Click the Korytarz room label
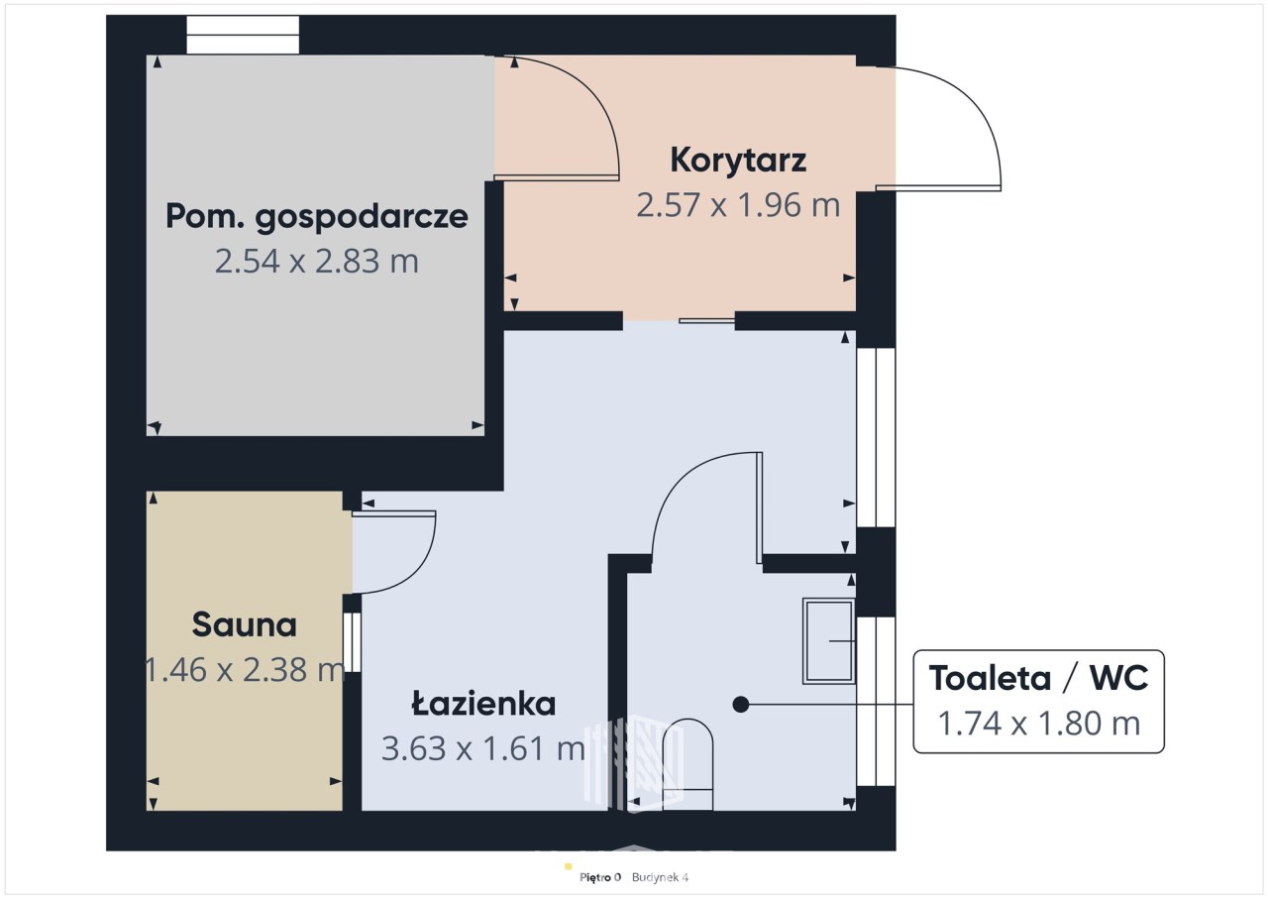pos(738,161)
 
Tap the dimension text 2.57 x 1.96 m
pos(738,205)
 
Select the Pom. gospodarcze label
pos(317,218)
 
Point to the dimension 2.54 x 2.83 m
pos(317,261)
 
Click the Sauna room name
pos(245,624)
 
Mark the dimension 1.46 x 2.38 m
pos(245,670)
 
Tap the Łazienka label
pos(483,703)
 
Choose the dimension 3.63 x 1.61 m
pos(483,748)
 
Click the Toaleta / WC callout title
pos(1039,678)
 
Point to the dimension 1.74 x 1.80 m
pos(1039,723)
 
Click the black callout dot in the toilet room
pos(741,705)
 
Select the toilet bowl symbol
pos(687,764)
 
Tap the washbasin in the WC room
pos(829,641)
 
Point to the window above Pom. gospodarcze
pos(243,35)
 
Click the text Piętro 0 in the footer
pos(600,877)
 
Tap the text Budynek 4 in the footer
pos(660,877)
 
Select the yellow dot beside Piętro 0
pos(569,866)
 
